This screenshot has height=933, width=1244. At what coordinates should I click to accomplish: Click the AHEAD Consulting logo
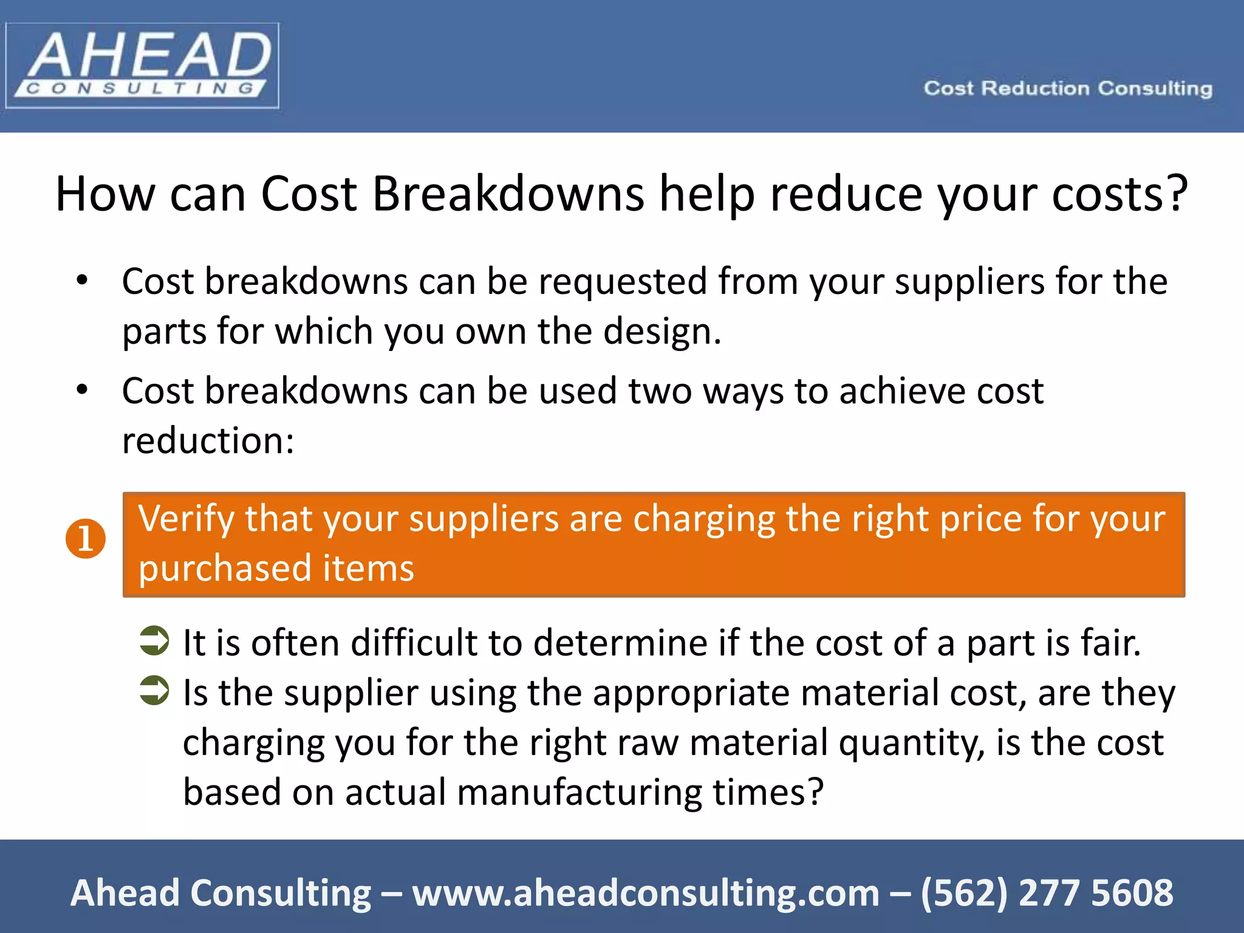click(x=142, y=66)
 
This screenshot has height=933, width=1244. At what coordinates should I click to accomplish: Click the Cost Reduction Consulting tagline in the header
click(x=1068, y=89)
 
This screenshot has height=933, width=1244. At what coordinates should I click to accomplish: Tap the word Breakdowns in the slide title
click(x=508, y=194)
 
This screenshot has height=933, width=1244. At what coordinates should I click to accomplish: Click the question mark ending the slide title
click(x=1176, y=193)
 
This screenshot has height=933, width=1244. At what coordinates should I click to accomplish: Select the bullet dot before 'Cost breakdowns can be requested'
click(x=82, y=281)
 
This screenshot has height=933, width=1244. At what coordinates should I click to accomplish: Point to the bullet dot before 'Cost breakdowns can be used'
click(x=82, y=390)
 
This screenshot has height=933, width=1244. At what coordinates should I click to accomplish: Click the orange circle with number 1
click(x=86, y=539)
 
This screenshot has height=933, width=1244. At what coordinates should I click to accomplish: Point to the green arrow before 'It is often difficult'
click(x=154, y=641)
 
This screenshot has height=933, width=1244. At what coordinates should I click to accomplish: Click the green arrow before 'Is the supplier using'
click(x=154, y=691)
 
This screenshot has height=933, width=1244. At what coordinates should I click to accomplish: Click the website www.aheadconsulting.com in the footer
click(x=646, y=893)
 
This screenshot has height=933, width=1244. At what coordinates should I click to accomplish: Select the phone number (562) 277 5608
click(x=1047, y=893)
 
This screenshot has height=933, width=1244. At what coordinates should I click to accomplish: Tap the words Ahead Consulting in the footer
click(x=220, y=893)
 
